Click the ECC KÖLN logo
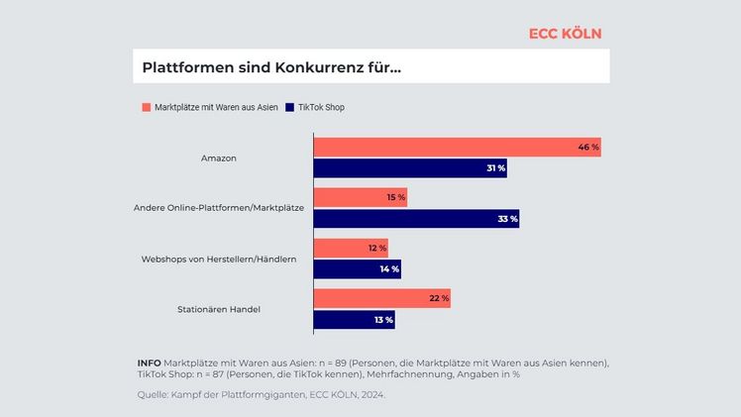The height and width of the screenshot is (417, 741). (x=565, y=33)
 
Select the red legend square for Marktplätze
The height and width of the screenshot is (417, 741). (x=146, y=107)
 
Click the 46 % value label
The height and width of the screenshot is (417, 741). (x=587, y=148)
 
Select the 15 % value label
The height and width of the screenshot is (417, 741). (x=395, y=197)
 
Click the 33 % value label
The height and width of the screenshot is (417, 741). (x=506, y=219)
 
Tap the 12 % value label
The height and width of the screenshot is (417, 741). (x=376, y=248)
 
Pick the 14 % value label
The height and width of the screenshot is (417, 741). (x=388, y=268)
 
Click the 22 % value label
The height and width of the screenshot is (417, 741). (x=438, y=298)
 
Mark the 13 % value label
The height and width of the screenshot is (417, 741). (x=382, y=319)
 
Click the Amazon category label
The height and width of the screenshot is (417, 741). (x=218, y=158)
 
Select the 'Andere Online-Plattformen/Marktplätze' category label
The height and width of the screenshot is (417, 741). (x=218, y=208)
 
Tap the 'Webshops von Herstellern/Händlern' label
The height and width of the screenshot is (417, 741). (x=219, y=259)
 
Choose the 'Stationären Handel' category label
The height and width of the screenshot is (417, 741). (x=219, y=309)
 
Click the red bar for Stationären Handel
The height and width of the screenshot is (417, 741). (x=381, y=298)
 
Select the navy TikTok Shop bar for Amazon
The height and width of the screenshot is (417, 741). (x=409, y=168)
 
